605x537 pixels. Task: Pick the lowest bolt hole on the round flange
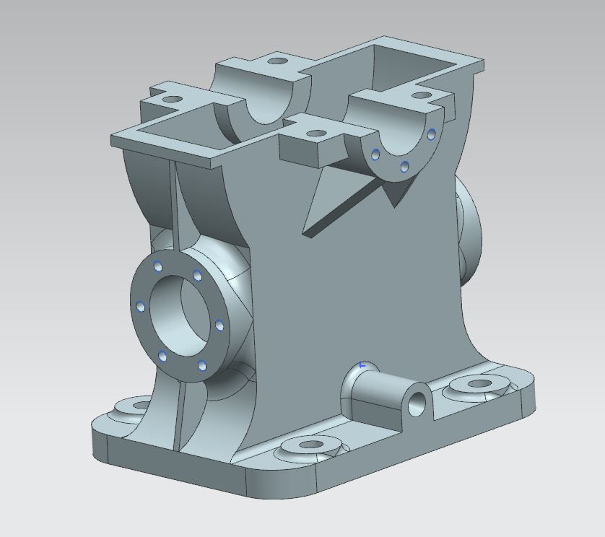click(x=162, y=356)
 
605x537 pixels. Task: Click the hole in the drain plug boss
click(x=417, y=404)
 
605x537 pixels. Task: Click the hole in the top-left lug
click(x=173, y=99)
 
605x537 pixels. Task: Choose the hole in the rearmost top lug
click(x=277, y=61)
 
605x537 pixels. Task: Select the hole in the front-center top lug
click(x=315, y=134)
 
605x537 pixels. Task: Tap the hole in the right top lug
click(x=419, y=95)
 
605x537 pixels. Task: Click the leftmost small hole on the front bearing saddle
click(x=375, y=152)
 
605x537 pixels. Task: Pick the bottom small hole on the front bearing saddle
click(x=404, y=167)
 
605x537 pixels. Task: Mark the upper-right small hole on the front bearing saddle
click(x=431, y=133)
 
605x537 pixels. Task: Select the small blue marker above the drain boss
click(x=363, y=364)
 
